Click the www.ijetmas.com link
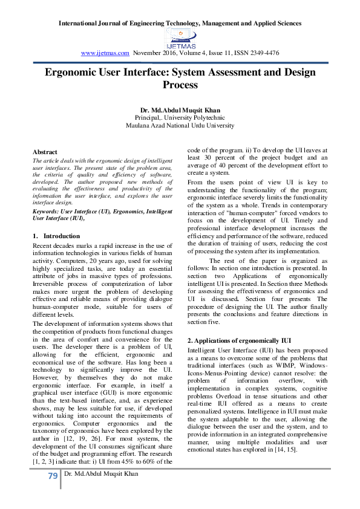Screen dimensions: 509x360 [105, 53]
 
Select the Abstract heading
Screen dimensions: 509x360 [45, 152]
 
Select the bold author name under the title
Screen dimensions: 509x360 [180, 109]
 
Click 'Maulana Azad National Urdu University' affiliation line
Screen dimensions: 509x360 [180, 126]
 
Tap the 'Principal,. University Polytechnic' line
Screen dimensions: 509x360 [180, 117]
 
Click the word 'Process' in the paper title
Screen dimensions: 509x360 [180, 85]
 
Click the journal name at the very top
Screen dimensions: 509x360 [180, 24]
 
